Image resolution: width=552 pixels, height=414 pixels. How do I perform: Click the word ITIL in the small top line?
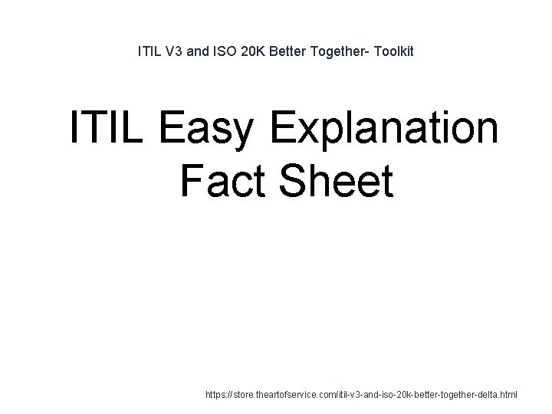[148, 53]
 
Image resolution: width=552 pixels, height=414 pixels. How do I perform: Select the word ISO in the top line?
[227, 53]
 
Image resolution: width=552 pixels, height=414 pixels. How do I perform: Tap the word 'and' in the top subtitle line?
[200, 53]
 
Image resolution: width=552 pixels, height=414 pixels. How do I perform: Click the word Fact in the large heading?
[224, 182]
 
